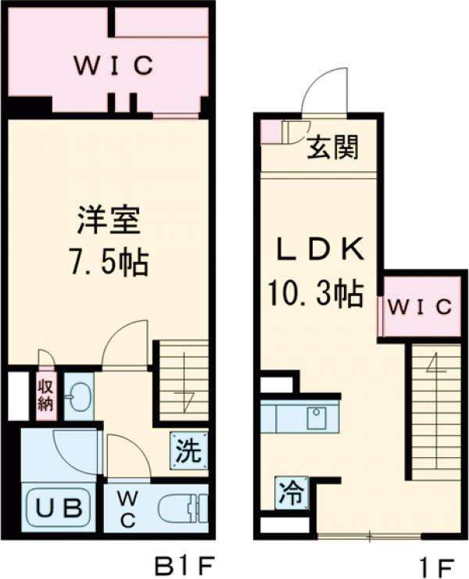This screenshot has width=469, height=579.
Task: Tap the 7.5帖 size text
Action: tap(108, 262)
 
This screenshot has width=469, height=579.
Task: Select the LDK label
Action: tap(319, 252)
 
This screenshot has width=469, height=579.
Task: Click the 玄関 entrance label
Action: tap(333, 147)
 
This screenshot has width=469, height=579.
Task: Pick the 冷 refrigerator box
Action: tap(290, 492)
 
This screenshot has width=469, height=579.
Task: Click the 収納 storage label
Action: tap(45, 394)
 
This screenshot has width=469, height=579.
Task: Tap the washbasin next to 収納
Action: tap(78, 398)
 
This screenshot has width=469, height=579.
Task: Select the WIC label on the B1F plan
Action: tap(113, 67)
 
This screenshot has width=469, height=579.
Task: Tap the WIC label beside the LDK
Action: tap(421, 307)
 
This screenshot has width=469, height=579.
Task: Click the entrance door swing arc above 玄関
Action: tap(324, 92)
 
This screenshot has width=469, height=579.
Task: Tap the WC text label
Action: tap(127, 509)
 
